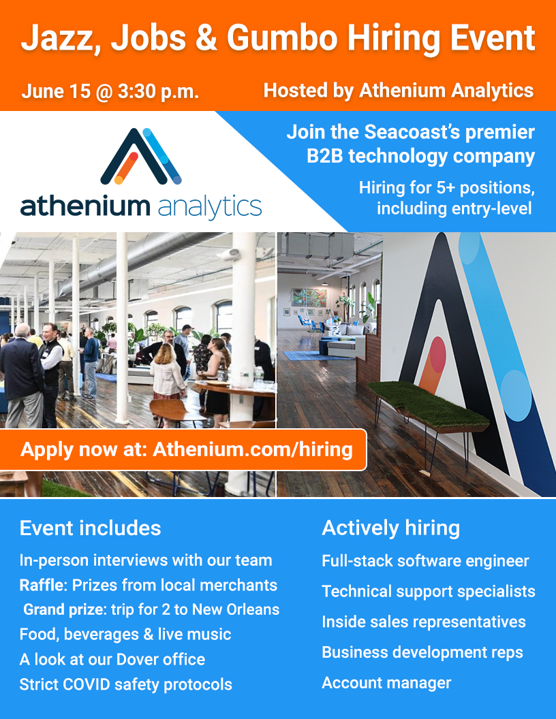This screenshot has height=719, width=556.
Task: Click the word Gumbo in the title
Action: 282,39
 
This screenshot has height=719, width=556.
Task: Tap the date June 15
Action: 56,91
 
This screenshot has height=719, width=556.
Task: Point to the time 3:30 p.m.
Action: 158,92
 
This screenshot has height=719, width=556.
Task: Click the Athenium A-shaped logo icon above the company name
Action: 141,156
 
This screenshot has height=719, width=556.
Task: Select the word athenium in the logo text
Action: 85,206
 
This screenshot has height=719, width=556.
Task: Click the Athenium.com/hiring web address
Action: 252,449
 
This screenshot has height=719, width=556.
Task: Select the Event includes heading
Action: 91,528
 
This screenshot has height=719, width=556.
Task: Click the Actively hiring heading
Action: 391,528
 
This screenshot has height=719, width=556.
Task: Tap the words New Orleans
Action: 236,609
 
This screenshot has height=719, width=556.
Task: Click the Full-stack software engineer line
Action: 425,561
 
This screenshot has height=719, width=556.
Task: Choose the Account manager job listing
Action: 386,683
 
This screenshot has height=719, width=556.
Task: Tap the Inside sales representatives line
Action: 424,622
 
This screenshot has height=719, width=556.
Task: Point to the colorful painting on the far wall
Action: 309,297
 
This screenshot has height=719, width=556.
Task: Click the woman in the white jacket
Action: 167,374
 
